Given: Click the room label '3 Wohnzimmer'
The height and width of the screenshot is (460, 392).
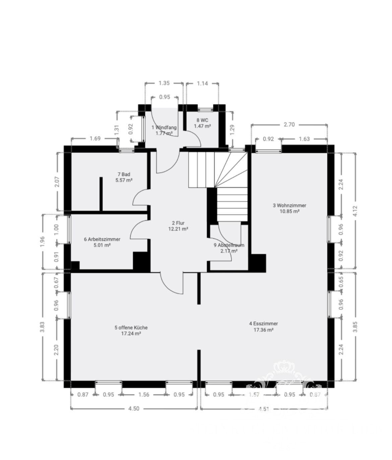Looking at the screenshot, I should click(289, 205).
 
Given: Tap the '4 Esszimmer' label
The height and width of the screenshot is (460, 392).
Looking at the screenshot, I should click(263, 324).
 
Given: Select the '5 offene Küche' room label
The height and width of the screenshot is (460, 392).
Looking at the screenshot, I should click(131, 328).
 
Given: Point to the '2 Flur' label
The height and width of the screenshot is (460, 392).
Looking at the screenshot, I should click(178, 223).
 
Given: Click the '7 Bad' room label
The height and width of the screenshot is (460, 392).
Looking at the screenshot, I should click(124, 174).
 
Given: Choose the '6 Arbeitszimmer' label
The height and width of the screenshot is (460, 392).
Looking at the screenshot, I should click(102, 239).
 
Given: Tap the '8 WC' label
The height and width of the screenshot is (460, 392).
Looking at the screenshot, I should click(202, 120).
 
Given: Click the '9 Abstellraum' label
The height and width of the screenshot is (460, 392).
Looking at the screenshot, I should click(229, 245).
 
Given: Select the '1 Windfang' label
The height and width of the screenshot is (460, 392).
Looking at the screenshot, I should click(164, 127).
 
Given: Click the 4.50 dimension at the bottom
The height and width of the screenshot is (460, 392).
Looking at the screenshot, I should click(134, 408).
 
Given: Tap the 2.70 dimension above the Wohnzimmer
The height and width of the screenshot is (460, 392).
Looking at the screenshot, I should click(289, 124).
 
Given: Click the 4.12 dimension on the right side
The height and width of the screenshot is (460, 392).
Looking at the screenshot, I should click(355, 210).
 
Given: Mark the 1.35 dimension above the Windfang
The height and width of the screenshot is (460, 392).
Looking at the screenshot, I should click(164, 83).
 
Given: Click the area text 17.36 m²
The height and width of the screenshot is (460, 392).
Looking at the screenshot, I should click(263, 330).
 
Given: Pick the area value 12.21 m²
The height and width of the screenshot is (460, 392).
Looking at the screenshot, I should click(178, 229).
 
